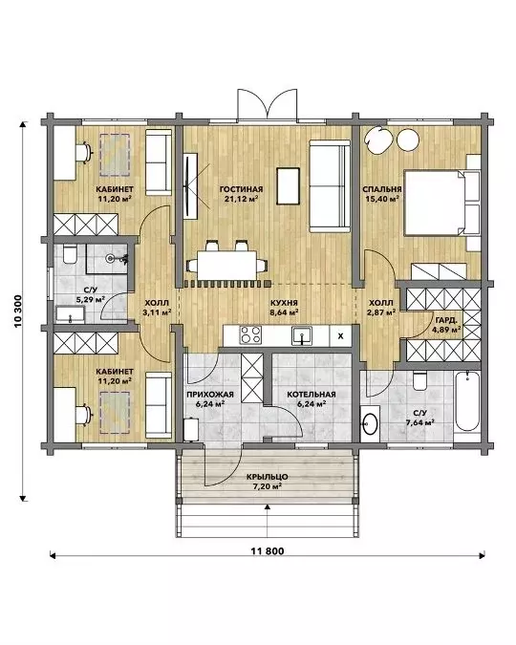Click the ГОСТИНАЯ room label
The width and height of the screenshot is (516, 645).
tap(241, 189)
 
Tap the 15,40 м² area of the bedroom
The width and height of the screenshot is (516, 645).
tap(382, 199)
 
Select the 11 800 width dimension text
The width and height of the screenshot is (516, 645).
tap(268, 551)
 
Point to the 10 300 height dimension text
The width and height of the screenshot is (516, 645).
tap(18, 312)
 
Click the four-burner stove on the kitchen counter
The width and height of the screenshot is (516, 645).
tap(250, 334)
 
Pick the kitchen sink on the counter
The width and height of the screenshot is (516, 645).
tap(302, 336)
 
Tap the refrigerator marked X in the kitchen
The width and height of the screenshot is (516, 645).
tap(340, 336)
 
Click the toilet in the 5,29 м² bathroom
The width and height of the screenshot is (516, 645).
tap(70, 254)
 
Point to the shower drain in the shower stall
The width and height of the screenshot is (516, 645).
tap(110, 258)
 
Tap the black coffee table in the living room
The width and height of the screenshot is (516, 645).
tap(288, 186)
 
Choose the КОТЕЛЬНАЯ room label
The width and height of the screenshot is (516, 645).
tap(312, 395)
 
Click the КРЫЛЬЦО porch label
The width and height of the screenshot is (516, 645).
tap(268, 477)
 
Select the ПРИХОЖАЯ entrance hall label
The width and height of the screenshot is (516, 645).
tap(210, 395)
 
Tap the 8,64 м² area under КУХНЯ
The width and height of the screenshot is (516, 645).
tap(284, 312)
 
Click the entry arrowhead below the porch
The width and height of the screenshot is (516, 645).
tap(268, 506)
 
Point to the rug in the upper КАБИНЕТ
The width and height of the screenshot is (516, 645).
tap(115, 154)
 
